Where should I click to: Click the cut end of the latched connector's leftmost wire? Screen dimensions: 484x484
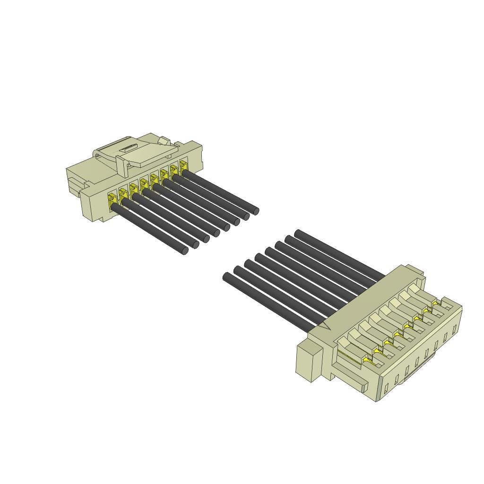click(184, 251)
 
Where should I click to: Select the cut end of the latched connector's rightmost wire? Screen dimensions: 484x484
click(256, 211)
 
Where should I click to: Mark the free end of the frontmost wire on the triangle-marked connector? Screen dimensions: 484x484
click(226, 276)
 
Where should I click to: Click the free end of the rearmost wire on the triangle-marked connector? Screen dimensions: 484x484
click(297, 233)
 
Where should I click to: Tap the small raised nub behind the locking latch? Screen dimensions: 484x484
click(164, 140)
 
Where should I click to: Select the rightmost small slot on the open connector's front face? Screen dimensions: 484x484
click(455, 329)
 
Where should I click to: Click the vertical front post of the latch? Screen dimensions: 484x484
click(121, 167)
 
